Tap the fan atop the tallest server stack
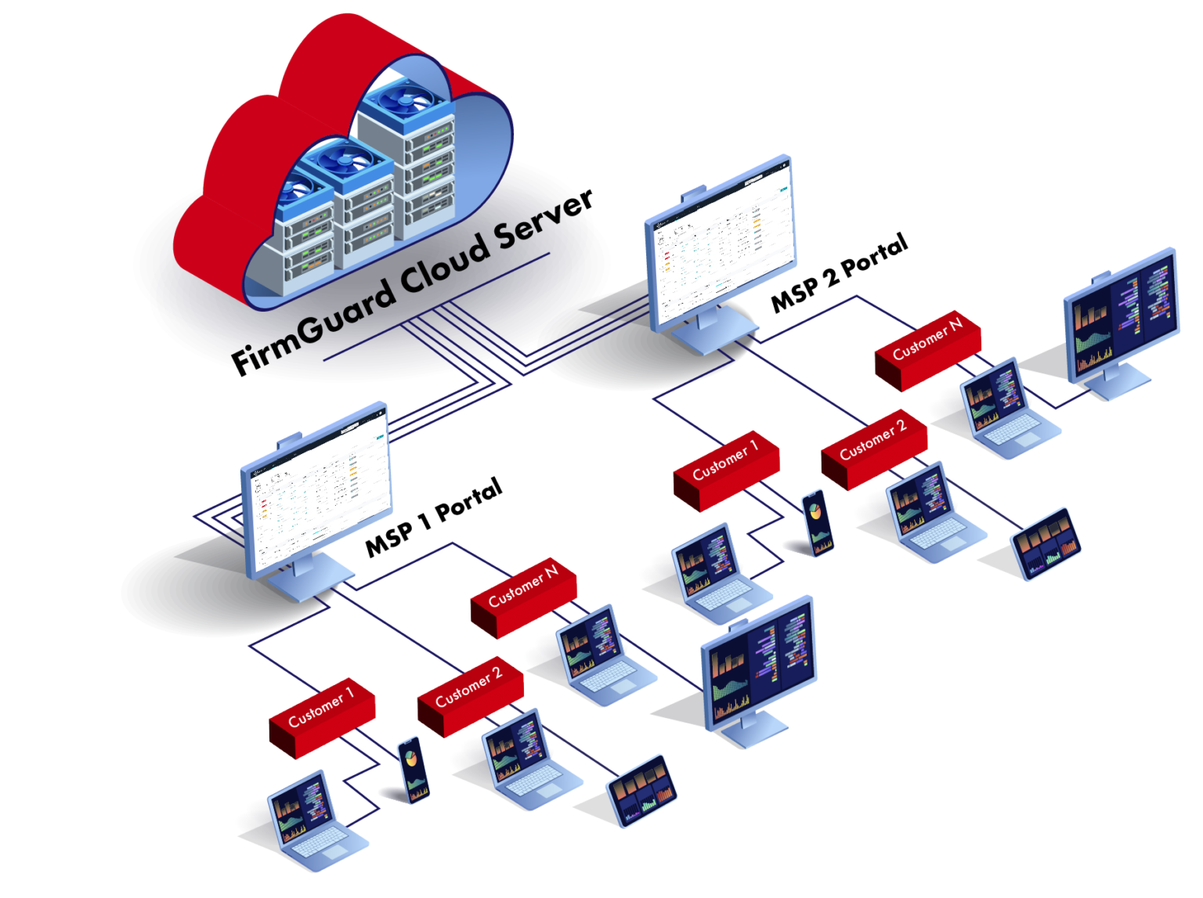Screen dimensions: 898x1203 click(407, 99)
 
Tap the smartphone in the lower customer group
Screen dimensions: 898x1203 click(414, 769)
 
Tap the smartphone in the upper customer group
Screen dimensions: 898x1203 click(818, 522)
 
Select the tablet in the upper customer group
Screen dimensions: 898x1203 click(1046, 543)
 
